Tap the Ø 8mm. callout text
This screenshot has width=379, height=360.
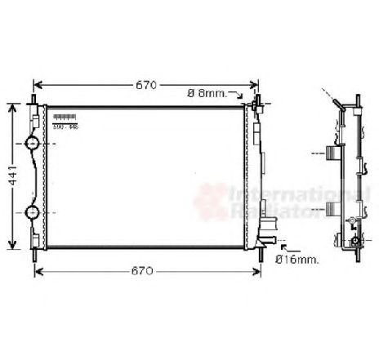pos(207,93)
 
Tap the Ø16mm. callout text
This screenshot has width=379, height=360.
pos(297,259)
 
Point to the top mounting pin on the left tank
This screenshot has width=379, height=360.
pos(34,100)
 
